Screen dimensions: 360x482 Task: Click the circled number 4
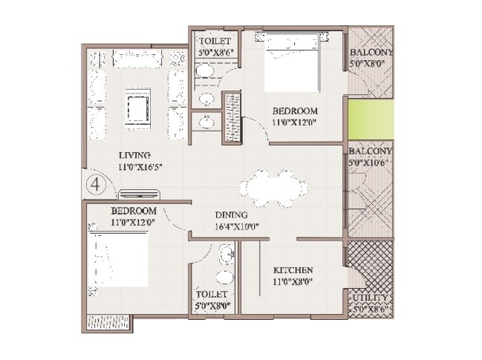pos(94,183)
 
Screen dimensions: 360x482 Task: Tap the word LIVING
pos(134,155)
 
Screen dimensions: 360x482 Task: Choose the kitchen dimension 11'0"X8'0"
pos(293,282)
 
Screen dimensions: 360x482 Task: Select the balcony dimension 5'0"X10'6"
pos(371,163)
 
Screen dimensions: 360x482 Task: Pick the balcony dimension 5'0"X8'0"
pos(371,65)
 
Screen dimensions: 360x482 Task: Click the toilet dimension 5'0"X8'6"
pos(215,53)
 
